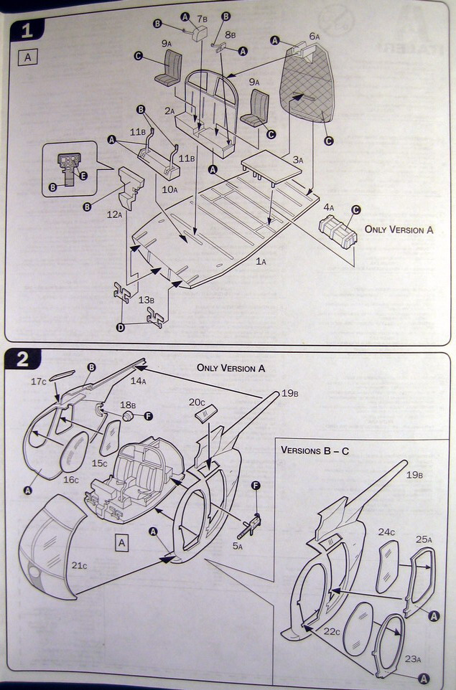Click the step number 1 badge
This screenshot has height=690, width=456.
click(25, 31)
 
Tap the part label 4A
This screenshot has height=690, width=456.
click(328, 207)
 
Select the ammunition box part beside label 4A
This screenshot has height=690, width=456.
click(337, 232)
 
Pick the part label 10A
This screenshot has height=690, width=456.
click(169, 189)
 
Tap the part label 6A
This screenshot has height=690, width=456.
click(314, 36)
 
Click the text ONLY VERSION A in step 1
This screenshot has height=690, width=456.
click(399, 230)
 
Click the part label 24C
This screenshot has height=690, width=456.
click(386, 531)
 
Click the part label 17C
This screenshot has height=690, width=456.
click(38, 381)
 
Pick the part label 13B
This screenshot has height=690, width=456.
click(146, 299)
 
